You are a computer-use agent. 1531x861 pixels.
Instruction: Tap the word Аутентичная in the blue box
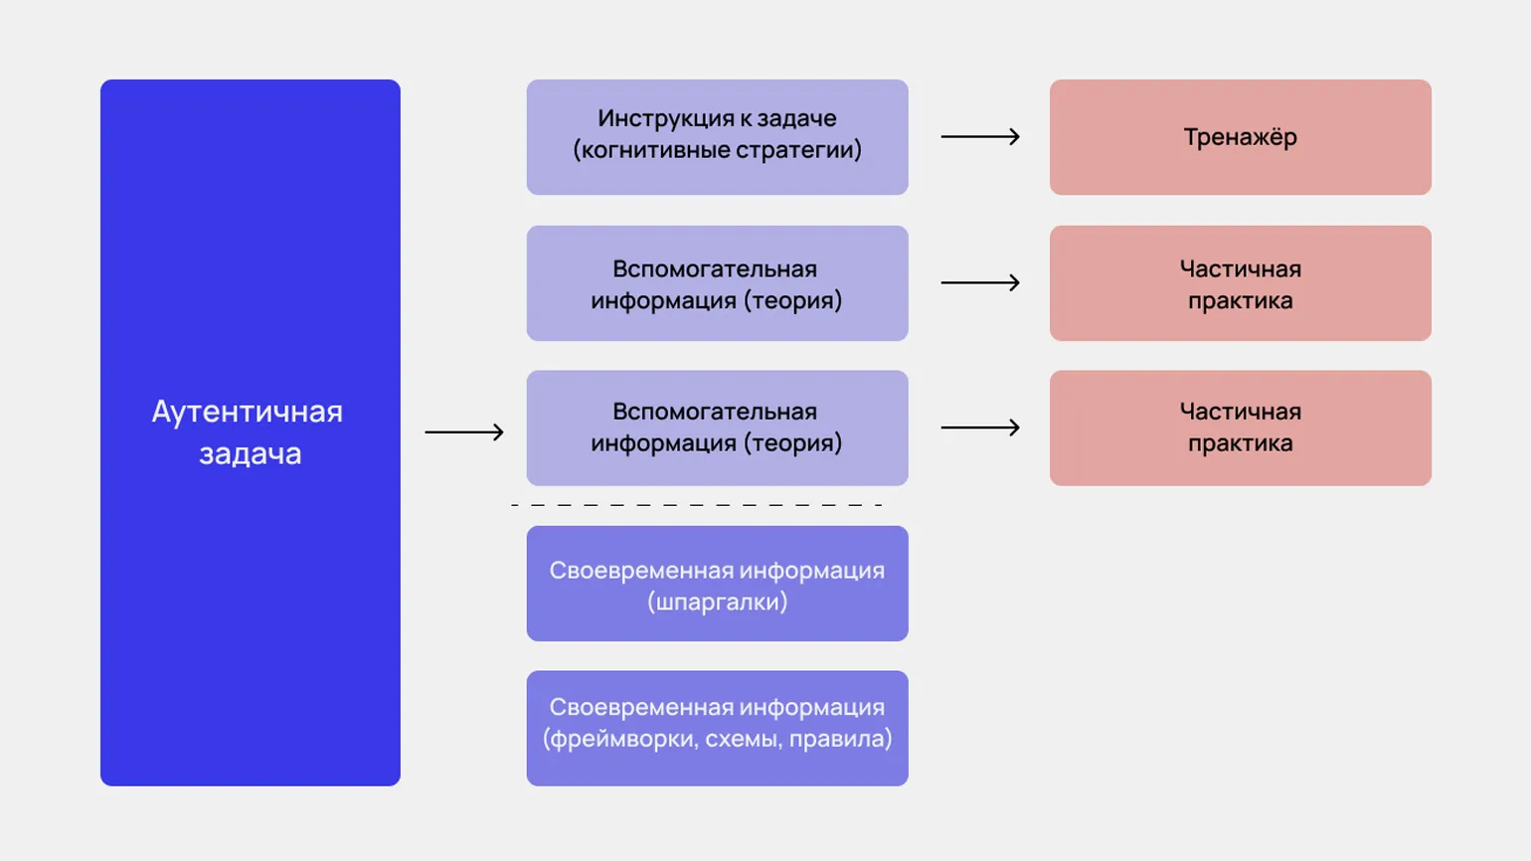tap(247, 412)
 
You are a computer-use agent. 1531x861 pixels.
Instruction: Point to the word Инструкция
tap(654, 118)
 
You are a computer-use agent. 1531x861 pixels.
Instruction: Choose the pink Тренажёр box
tap(1240, 137)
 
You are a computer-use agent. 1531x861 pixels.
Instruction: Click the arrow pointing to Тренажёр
tap(979, 136)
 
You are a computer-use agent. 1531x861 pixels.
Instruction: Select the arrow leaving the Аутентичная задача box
tap(464, 431)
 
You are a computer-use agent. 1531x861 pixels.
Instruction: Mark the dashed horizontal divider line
tap(696, 505)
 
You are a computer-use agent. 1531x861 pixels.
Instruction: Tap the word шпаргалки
tap(717, 603)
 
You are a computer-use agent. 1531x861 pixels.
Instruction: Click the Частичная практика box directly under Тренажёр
tap(1240, 283)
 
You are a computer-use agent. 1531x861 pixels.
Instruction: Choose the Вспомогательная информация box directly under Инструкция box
tap(717, 283)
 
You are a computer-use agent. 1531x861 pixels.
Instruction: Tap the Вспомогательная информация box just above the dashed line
tap(717, 429)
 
